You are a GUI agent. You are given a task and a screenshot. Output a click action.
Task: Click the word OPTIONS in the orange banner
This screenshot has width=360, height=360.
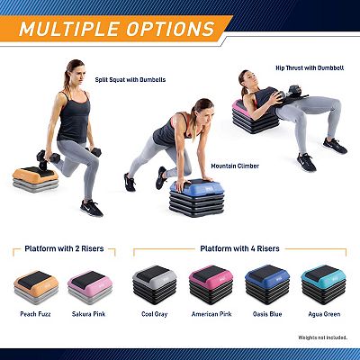(x=170, y=29)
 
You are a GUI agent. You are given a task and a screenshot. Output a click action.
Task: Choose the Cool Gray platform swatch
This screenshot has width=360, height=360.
(x=155, y=284)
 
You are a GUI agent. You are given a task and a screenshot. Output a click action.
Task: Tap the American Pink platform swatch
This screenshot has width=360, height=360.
(x=211, y=284)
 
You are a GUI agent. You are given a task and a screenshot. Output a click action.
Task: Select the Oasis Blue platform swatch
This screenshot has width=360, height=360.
(x=267, y=284)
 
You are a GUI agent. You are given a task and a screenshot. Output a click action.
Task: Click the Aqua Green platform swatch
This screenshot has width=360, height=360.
(x=324, y=284)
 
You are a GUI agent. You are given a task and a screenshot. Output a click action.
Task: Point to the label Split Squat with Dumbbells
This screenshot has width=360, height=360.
(x=130, y=80)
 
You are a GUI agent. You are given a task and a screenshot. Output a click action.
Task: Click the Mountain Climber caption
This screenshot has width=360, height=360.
(x=235, y=166)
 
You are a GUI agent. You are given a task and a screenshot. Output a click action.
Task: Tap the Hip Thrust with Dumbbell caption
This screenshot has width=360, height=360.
(x=310, y=68)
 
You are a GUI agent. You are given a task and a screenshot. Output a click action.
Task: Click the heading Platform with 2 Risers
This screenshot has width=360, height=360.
(x=64, y=248)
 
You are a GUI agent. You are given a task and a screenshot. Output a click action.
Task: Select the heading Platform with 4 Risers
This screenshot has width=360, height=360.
(x=239, y=248)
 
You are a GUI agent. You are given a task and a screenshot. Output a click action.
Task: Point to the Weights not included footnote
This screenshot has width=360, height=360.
(x=323, y=337)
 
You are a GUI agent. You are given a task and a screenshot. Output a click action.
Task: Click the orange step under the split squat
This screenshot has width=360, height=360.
(x=35, y=179)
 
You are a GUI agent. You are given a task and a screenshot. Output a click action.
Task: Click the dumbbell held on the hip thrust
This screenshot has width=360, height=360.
(x=292, y=93)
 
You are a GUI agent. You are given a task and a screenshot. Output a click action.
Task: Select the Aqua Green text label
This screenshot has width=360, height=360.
(x=324, y=314)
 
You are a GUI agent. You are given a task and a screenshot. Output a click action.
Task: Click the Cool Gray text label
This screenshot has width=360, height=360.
(x=154, y=314)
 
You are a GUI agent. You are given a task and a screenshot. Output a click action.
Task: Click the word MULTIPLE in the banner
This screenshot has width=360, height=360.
(x=69, y=29)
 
